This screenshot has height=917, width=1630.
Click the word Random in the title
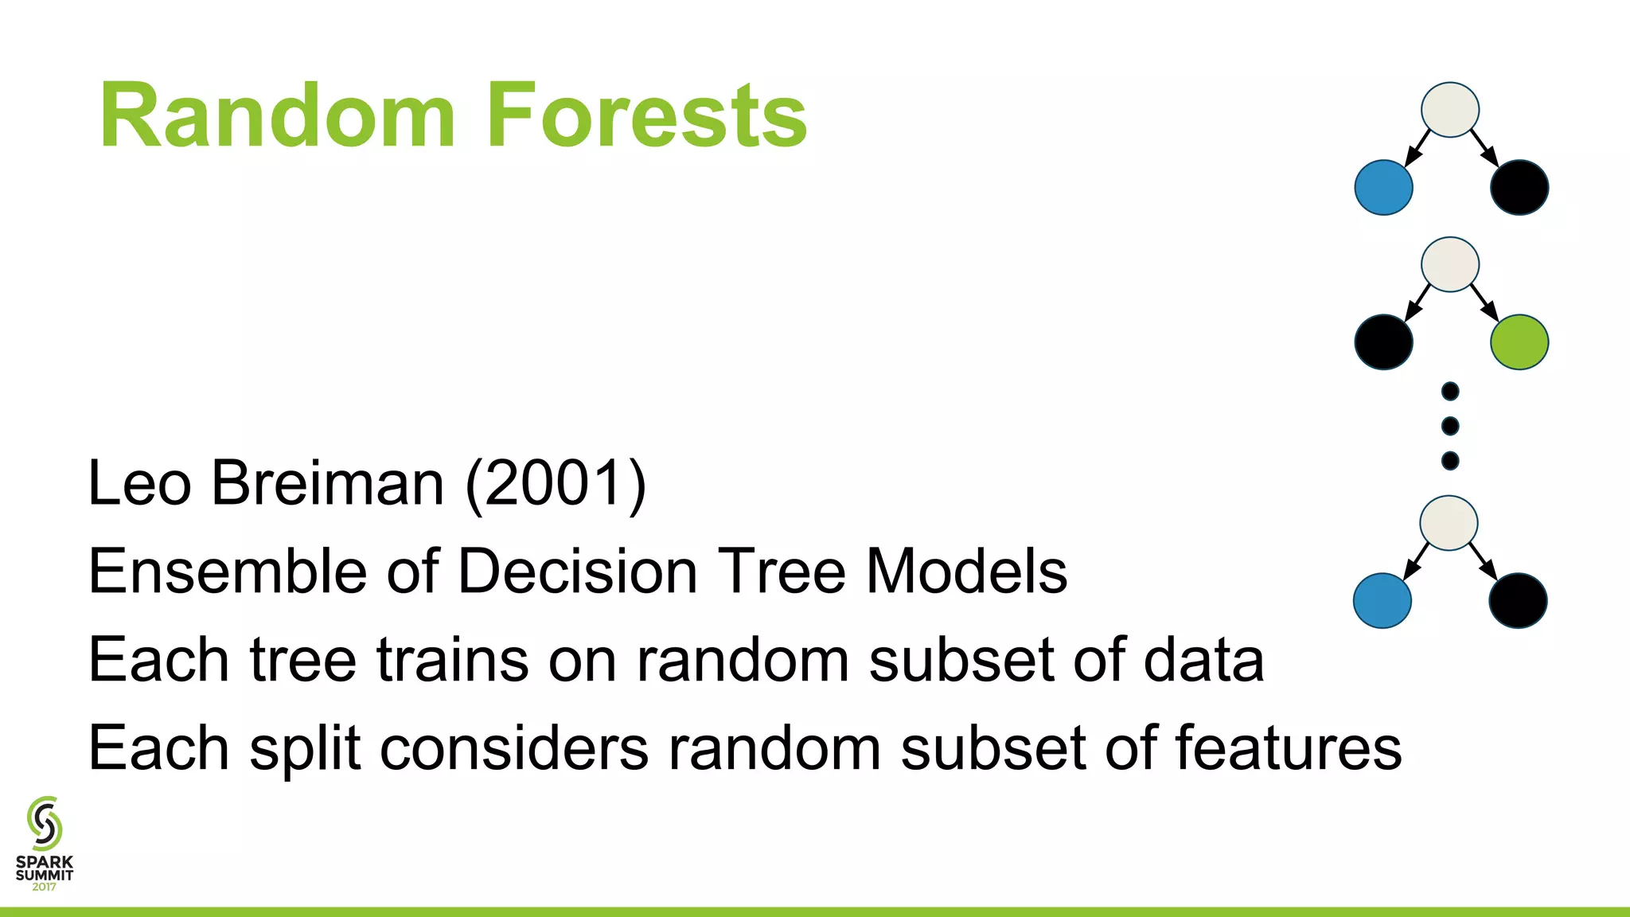point(278,116)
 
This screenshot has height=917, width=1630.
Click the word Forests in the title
point(646,116)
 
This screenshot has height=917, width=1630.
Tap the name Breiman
point(327,483)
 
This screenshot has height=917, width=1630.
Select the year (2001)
point(556,483)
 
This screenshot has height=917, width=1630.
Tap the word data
point(1203,660)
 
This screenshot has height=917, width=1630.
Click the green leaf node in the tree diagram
point(1519,342)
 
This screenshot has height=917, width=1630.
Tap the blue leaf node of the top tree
point(1383,188)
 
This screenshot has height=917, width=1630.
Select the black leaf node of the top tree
point(1519,188)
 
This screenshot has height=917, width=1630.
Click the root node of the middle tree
point(1450,264)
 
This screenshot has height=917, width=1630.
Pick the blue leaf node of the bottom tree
point(1382,601)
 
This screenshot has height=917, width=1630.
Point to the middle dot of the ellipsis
point(1450,426)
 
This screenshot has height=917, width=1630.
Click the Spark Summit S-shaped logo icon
point(45,823)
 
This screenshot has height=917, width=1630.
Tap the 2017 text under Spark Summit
point(45,887)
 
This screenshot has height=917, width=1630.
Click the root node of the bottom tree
point(1449,523)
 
